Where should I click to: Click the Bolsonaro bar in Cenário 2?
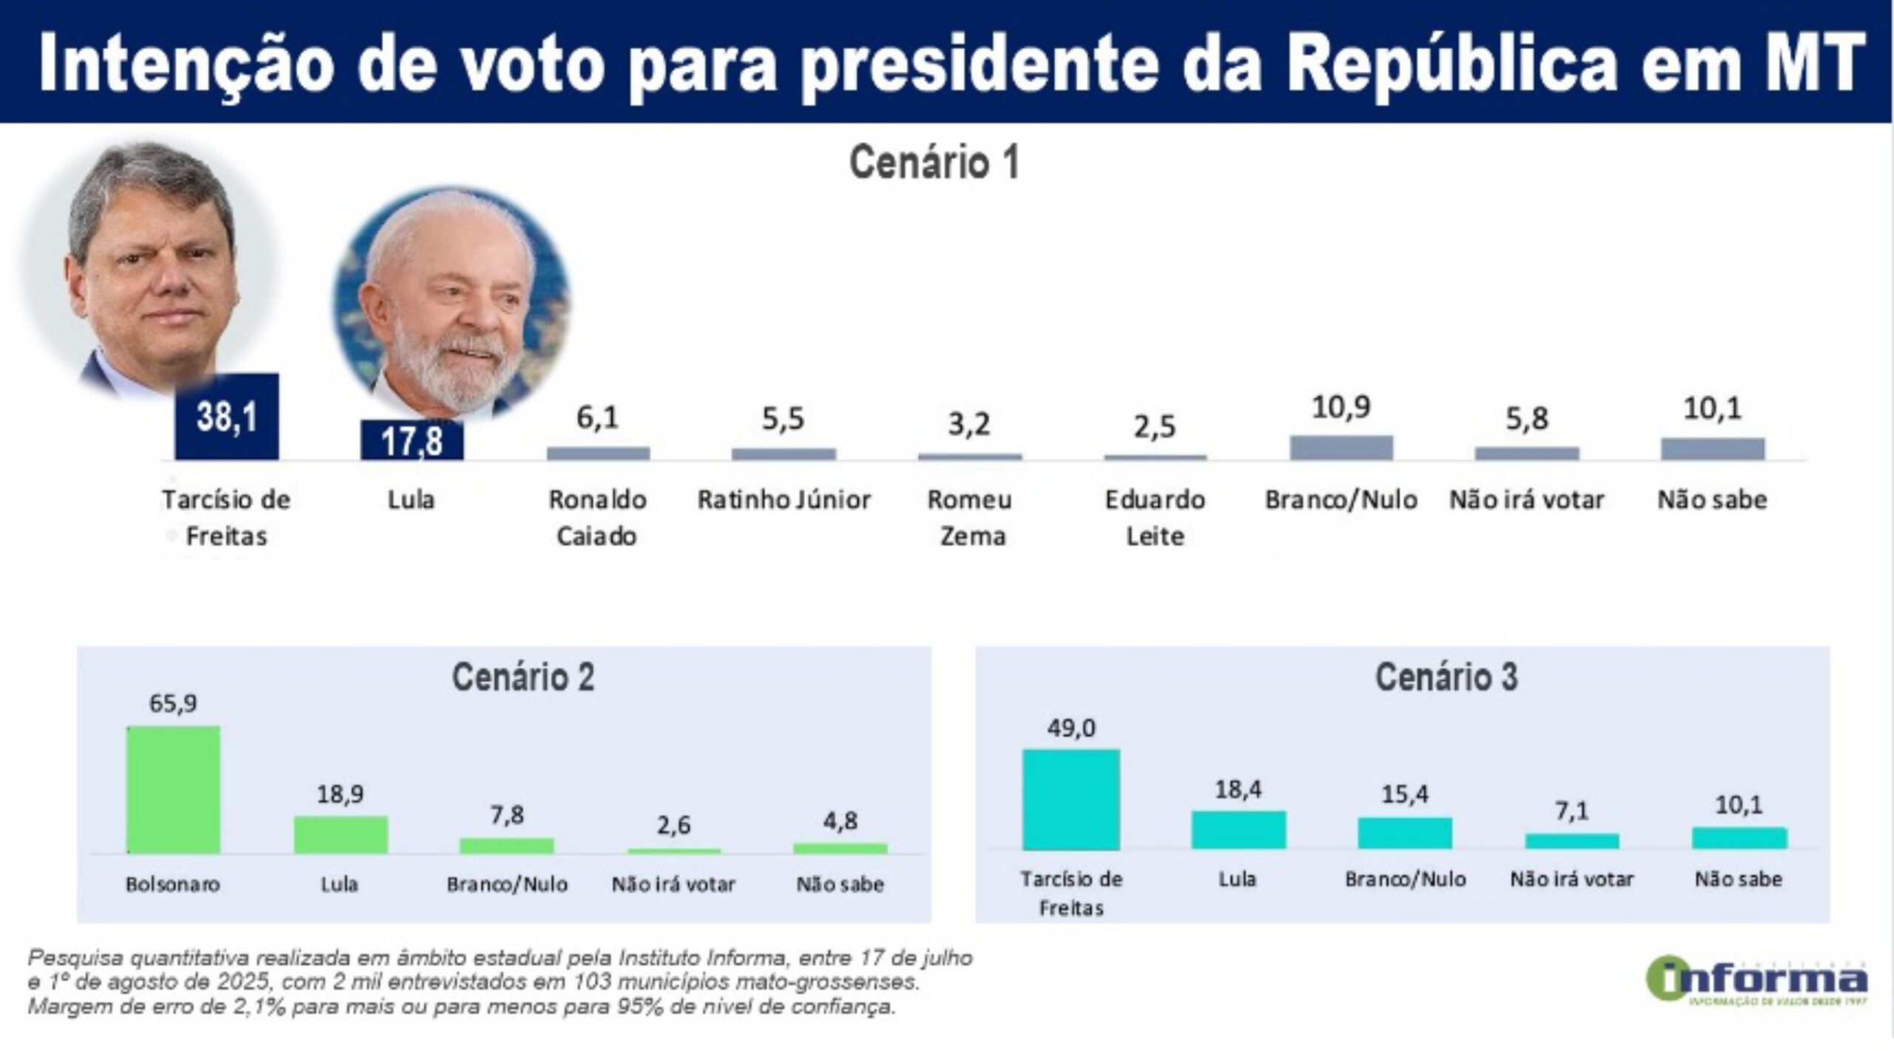click(x=173, y=789)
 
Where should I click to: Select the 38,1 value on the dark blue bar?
click(x=227, y=417)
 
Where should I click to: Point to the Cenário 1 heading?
click(x=934, y=162)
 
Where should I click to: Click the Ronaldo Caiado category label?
click(x=597, y=517)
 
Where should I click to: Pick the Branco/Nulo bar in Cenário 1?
click(x=1341, y=448)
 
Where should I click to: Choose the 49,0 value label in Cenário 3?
click(x=1071, y=728)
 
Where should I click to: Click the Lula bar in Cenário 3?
click(x=1238, y=830)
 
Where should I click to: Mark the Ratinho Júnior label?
click(x=783, y=500)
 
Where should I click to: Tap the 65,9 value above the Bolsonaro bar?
click(x=173, y=702)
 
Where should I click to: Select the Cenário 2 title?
click(x=523, y=677)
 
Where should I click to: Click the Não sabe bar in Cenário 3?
click(x=1739, y=838)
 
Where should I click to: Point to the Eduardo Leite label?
click(x=1155, y=517)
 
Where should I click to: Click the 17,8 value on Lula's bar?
click(x=412, y=442)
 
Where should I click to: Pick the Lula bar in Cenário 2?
click(x=340, y=834)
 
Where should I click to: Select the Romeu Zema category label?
click(x=970, y=517)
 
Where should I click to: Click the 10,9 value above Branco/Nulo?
click(x=1341, y=407)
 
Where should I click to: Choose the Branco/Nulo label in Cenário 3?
click(x=1405, y=879)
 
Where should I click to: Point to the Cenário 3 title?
click(x=1446, y=677)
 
